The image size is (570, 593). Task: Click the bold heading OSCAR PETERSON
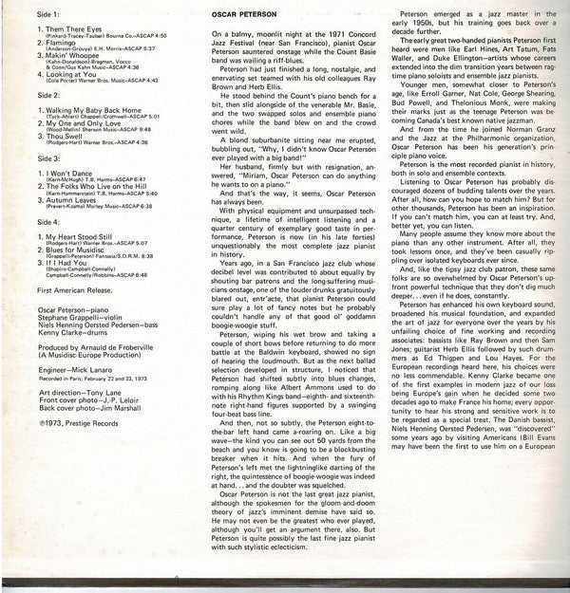coord(250,14)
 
